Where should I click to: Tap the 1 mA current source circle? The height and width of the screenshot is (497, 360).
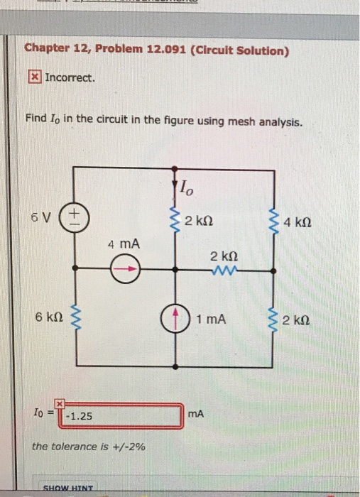(x=174, y=319)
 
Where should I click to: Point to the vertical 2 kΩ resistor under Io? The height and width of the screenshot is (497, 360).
(x=174, y=220)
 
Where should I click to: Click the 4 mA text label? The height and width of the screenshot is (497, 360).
(x=124, y=244)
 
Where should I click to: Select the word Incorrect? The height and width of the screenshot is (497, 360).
(x=70, y=77)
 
